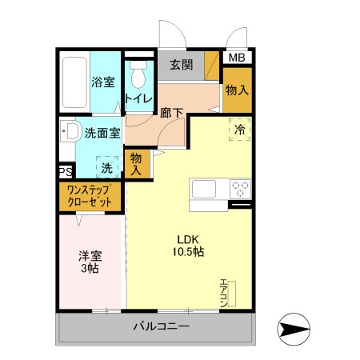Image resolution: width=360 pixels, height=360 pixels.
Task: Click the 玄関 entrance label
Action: pos(180,65)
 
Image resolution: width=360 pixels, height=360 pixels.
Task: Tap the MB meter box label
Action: pos(237,58)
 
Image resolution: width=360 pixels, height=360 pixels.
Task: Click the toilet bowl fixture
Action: pos(139,76)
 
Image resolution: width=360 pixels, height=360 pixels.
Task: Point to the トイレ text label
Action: pos(138,100)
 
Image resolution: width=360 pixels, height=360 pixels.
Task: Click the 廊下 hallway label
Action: pos(172,113)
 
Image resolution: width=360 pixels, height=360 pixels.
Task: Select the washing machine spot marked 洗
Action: pos(107,168)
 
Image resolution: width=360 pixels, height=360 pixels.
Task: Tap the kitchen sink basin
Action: pos(202,190)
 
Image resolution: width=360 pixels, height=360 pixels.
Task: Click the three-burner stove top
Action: pos(239,190)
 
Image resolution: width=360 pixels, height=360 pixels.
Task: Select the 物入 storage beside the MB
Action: pos(237,90)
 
